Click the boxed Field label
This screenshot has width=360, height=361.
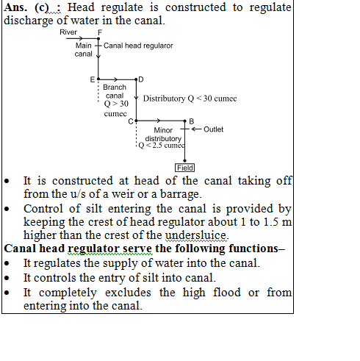(184, 168)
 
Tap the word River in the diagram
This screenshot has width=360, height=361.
(68, 32)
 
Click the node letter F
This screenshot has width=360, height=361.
(100, 32)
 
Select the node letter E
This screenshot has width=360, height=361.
(93, 79)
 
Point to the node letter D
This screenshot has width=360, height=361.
(141, 79)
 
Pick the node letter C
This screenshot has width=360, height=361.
(131, 121)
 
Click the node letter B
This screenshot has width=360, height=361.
(192, 121)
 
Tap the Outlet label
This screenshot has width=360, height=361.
(213, 129)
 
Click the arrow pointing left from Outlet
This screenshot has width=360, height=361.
(197, 129)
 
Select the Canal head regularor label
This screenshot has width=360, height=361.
(138, 46)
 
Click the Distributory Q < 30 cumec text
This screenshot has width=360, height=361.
(190, 99)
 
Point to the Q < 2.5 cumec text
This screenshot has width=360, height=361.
(162, 146)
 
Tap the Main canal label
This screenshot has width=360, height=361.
(84, 49)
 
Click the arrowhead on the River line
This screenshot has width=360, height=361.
(81, 38)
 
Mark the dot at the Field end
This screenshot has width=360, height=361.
(184, 161)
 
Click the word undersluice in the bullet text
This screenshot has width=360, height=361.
(195, 235)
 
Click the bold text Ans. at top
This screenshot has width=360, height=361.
(15, 7)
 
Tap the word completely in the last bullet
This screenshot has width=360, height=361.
(68, 293)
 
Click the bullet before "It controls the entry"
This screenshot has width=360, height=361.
(7, 278)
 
